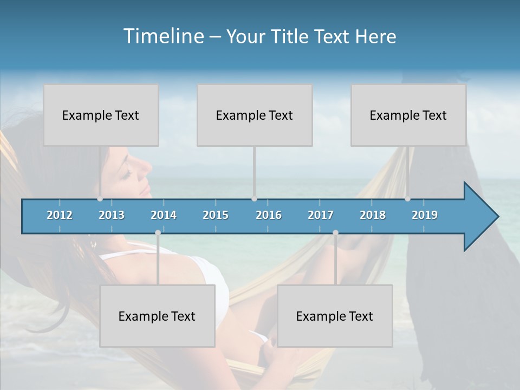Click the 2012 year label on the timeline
pyautogui.click(x=60, y=215)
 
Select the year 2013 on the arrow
pyautogui.click(x=112, y=215)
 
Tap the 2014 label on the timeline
pyautogui.click(x=164, y=215)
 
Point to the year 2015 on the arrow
pyautogui.click(x=216, y=215)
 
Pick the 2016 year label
pyautogui.click(x=269, y=215)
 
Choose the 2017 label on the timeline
pyautogui.click(x=321, y=215)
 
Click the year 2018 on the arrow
pyautogui.click(x=373, y=215)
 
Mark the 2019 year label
pyautogui.click(x=425, y=215)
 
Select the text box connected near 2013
pyautogui.click(x=101, y=115)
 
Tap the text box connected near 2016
pyautogui.click(x=255, y=115)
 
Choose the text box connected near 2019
pyautogui.click(x=408, y=115)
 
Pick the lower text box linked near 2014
pyautogui.click(x=157, y=316)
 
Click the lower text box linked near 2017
pyautogui.click(x=335, y=316)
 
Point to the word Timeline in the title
pyautogui.click(x=162, y=36)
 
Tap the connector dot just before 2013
pyautogui.click(x=100, y=199)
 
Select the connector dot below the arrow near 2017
pyautogui.click(x=335, y=233)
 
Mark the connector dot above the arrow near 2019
pyautogui.click(x=407, y=199)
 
